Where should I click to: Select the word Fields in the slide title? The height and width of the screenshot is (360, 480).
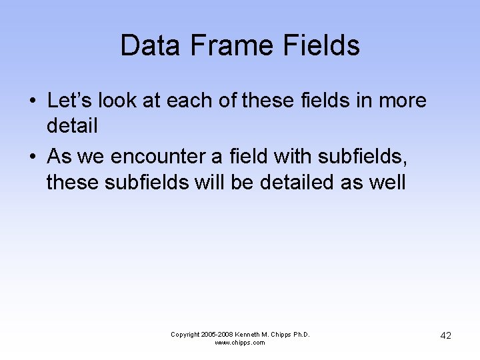pyautogui.click(x=322, y=45)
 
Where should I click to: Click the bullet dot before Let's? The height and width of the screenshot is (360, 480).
pyautogui.click(x=32, y=101)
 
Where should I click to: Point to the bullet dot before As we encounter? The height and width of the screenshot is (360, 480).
pyautogui.click(x=32, y=157)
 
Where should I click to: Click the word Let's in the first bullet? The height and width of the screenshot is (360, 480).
pyautogui.click(x=69, y=101)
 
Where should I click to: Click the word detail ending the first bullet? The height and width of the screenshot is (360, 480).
pyautogui.click(x=72, y=125)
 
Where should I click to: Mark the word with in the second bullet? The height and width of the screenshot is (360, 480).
pyautogui.click(x=294, y=157)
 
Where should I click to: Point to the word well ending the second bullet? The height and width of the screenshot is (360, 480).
pyautogui.click(x=386, y=181)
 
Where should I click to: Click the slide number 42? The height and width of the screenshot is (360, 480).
pyautogui.click(x=445, y=336)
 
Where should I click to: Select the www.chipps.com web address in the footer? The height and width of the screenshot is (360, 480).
pyautogui.click(x=240, y=343)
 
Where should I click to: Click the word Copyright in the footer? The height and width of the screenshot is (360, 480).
pyautogui.click(x=185, y=334)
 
